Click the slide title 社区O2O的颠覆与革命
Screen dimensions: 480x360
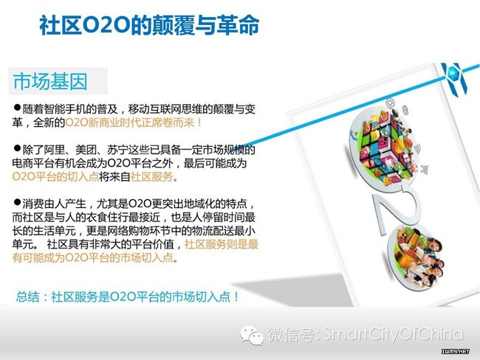149,25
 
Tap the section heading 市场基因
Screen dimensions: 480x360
50,81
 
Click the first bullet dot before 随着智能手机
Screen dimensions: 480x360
17,108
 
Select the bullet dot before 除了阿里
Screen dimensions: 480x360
17,148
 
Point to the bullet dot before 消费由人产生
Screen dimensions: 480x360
17,202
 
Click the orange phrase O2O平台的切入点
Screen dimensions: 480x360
55,177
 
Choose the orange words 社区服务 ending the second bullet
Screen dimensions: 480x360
152,177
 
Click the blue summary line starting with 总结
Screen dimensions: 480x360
128,297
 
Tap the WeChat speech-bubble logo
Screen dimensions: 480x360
252,335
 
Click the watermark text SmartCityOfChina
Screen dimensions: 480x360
394,334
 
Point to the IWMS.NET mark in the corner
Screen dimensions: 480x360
456,351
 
